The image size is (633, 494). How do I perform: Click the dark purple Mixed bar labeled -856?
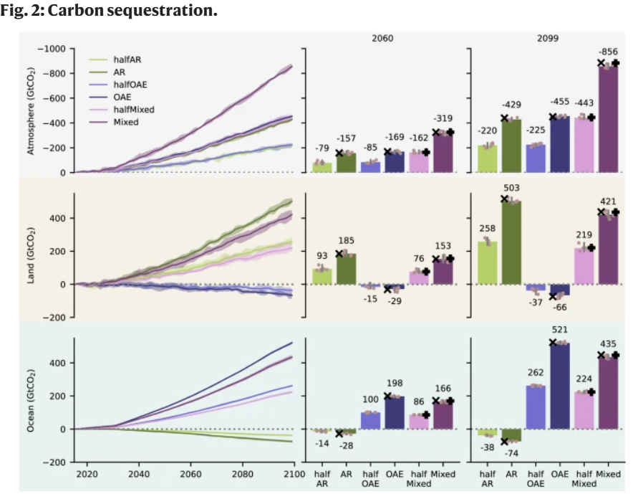[608, 118]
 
